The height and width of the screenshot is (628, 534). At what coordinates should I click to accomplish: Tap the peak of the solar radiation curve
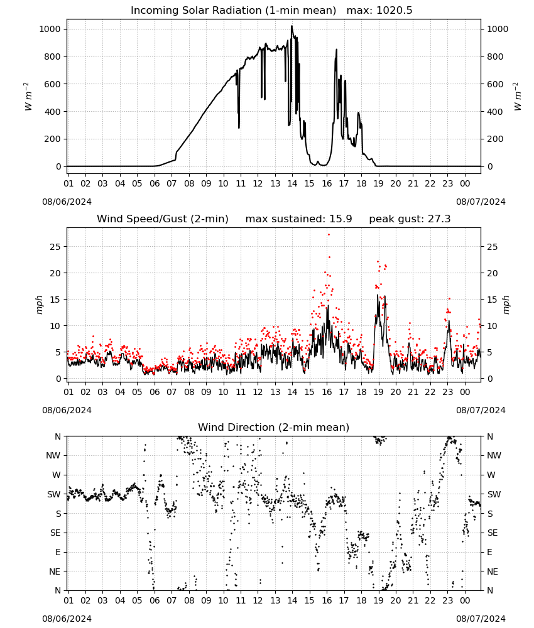click(x=292, y=26)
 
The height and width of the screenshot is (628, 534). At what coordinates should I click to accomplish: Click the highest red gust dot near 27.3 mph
click(x=329, y=235)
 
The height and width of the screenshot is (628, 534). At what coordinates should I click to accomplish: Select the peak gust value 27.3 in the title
click(x=439, y=219)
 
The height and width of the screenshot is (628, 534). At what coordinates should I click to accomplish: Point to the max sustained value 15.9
click(x=341, y=219)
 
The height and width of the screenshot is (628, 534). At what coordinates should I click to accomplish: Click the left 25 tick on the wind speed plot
click(x=55, y=247)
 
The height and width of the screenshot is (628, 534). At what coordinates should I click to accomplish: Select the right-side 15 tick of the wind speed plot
click(x=493, y=300)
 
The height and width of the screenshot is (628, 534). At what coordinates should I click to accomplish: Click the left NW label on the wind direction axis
click(x=53, y=456)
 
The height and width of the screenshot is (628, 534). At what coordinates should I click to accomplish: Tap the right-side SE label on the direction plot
click(x=493, y=533)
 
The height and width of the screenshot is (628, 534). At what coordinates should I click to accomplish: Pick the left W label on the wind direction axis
click(x=57, y=475)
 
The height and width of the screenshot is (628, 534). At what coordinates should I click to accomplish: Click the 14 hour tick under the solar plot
click(x=292, y=183)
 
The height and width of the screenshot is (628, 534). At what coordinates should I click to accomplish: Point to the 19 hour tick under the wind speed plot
click(x=379, y=392)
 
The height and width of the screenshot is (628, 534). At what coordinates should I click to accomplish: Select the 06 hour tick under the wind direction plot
click(x=155, y=601)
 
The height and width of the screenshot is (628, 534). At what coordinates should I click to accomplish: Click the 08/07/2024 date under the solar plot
click(x=481, y=202)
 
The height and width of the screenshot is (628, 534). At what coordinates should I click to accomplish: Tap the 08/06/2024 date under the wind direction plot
click(x=67, y=619)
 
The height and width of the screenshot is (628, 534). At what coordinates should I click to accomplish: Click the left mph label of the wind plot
click(x=39, y=305)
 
